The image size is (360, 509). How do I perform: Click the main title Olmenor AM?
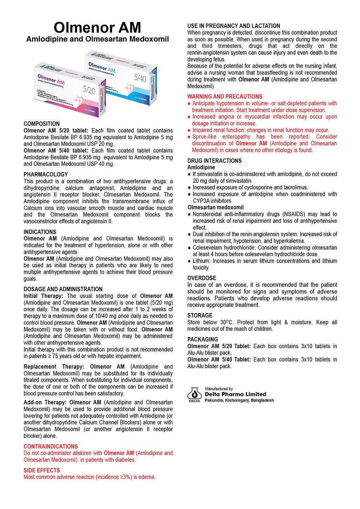(x=97, y=28)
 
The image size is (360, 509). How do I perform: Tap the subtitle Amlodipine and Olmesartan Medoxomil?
(x=97, y=39)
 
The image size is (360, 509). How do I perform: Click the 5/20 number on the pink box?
(x=89, y=90)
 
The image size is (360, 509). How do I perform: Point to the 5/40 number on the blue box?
(x=140, y=77)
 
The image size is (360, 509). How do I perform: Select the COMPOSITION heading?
(x=41, y=124)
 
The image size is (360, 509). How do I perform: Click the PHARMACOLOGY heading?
(x=46, y=175)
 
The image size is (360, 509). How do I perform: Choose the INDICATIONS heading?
(x=40, y=232)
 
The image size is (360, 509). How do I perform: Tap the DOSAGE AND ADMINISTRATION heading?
(x=63, y=289)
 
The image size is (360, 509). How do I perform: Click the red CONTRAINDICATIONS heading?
(x=51, y=447)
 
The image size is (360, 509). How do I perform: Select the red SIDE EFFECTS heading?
(x=42, y=471)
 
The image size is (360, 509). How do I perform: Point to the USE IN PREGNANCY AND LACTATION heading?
(x=234, y=26)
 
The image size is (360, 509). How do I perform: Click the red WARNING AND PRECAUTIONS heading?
(x=225, y=97)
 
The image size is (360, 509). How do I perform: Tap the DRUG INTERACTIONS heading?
(x=214, y=161)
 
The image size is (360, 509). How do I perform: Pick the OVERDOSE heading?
(x=202, y=278)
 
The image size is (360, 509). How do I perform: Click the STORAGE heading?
(x=200, y=316)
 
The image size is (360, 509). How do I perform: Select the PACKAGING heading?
(x=202, y=340)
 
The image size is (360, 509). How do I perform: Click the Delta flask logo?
(x=195, y=394)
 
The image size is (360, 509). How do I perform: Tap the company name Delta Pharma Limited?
(x=236, y=394)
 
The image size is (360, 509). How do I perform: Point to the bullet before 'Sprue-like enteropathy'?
(x=189, y=137)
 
